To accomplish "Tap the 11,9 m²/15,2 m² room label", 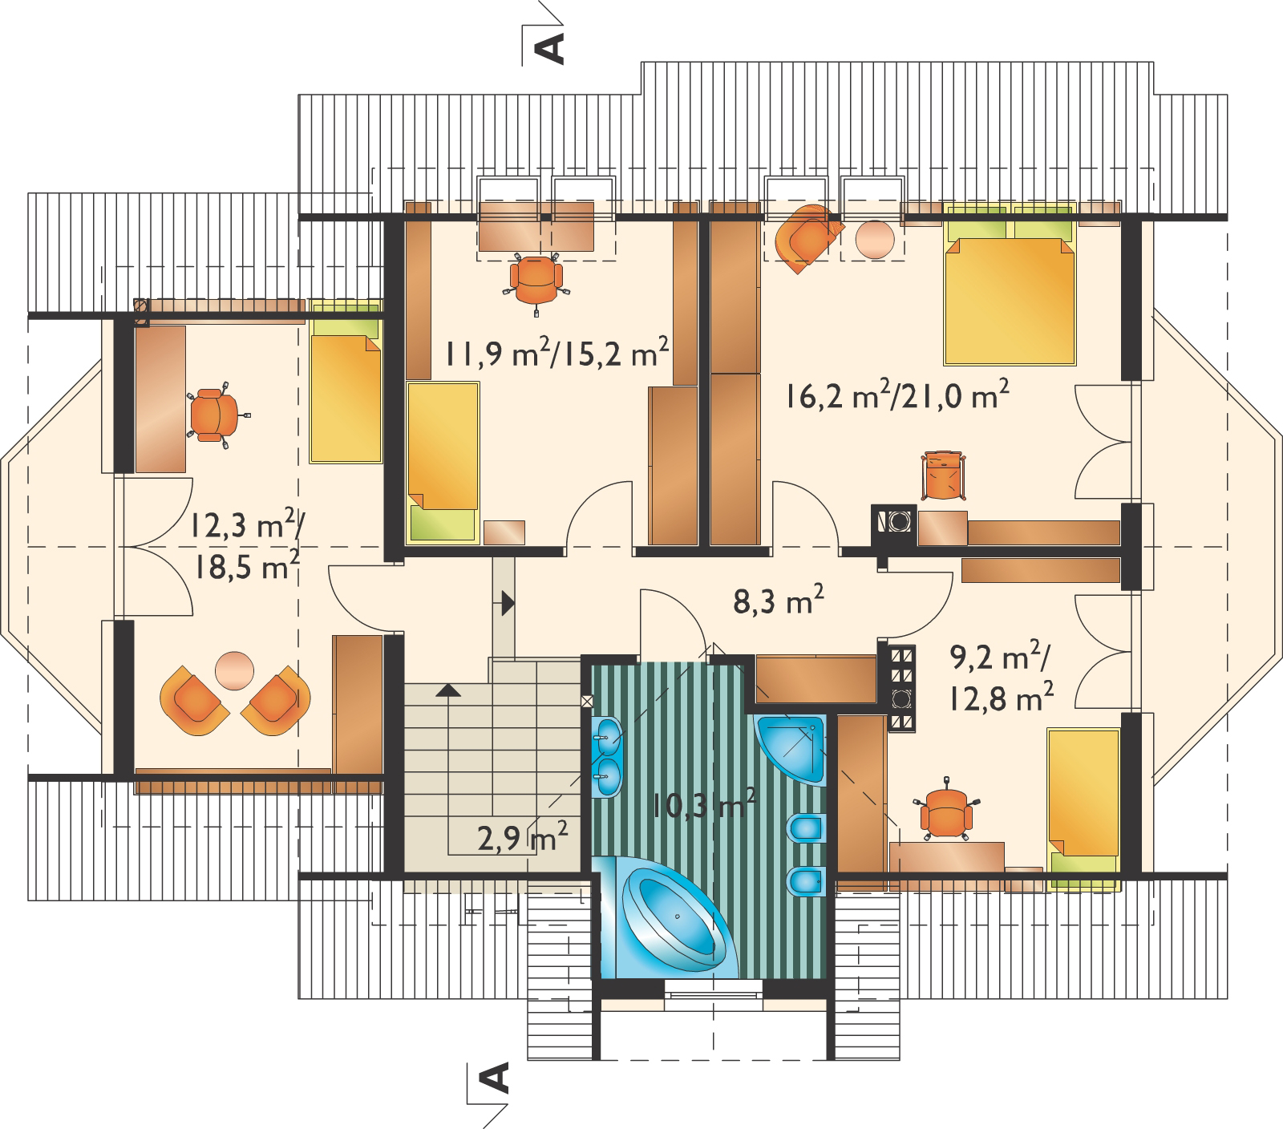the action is [x=557, y=354].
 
